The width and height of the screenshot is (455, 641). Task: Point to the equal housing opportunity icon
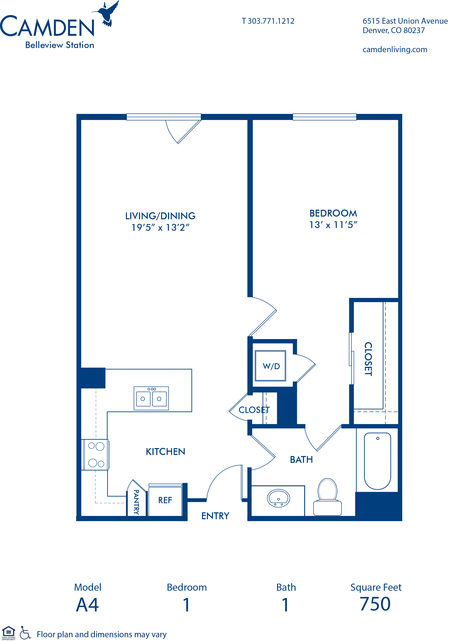click(x=9, y=633)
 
